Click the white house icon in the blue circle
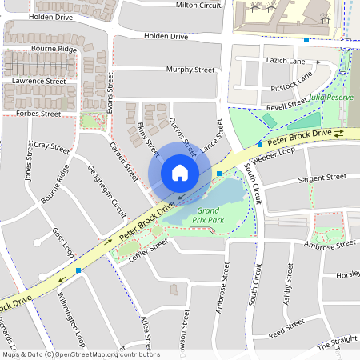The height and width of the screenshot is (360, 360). (179, 173)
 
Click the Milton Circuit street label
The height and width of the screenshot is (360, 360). (198, 5)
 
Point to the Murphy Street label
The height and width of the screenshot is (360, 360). (190, 70)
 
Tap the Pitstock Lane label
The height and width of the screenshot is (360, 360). (290, 85)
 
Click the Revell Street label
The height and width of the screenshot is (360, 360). (286, 104)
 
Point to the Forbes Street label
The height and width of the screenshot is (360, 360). (38, 114)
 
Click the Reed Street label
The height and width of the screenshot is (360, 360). (286, 326)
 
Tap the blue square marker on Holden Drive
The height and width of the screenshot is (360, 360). (306, 39)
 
